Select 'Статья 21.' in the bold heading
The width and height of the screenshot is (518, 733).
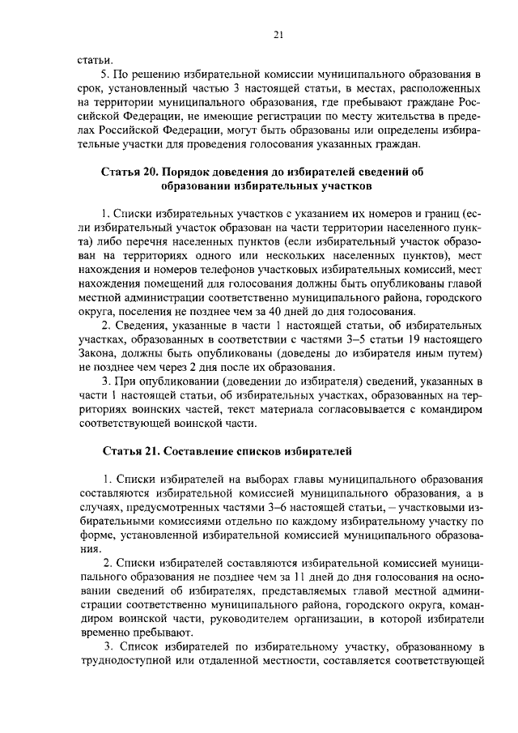coord(130,449)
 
